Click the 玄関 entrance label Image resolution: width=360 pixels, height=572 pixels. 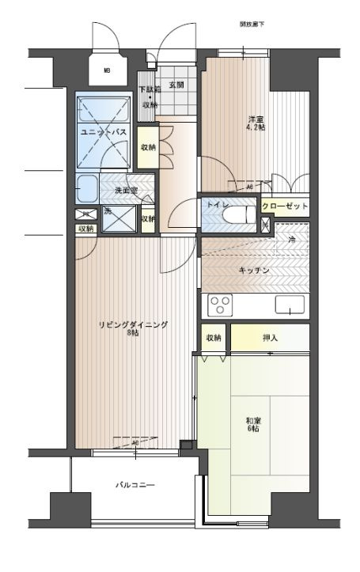point(176,84)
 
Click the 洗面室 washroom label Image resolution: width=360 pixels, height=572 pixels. point(126,191)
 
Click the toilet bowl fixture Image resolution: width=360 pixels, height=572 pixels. point(241,214)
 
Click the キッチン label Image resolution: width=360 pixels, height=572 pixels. point(255,271)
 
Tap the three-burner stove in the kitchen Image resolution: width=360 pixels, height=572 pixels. point(220,304)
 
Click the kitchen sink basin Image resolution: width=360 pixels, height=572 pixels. point(290,305)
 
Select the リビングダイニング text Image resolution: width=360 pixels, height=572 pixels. point(133,325)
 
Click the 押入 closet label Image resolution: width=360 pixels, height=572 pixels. point(270,337)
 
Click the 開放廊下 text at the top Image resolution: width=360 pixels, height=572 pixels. point(252,25)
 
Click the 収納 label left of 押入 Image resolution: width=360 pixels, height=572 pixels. point(214,337)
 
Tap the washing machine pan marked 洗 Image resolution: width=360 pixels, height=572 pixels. point(117,218)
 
